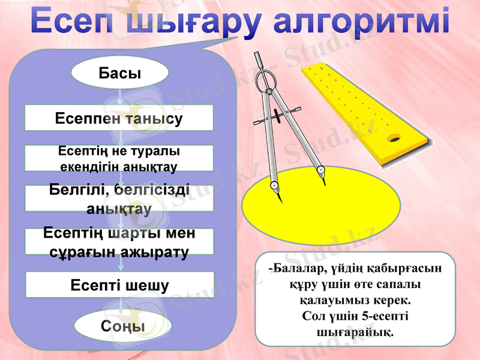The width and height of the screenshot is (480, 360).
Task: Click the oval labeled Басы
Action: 120,73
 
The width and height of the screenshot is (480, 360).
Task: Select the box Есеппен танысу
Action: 119,118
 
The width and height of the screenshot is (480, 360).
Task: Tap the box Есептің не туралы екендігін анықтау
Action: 119,158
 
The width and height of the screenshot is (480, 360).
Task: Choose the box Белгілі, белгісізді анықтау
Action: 119,198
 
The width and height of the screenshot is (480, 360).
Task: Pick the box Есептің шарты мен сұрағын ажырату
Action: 119,241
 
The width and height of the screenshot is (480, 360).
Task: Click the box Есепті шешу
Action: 119,284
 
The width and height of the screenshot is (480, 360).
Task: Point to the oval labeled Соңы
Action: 123,326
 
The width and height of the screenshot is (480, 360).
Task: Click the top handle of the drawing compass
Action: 259,62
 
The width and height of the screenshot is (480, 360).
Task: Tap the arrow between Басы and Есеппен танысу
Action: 120,95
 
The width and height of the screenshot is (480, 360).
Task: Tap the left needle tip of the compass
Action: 277,190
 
